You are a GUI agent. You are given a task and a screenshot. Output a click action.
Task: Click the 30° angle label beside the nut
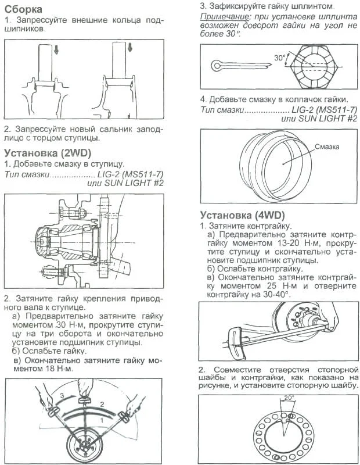click(x=280, y=58)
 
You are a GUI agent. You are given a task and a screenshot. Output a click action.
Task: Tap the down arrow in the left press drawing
click(x=55, y=50)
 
